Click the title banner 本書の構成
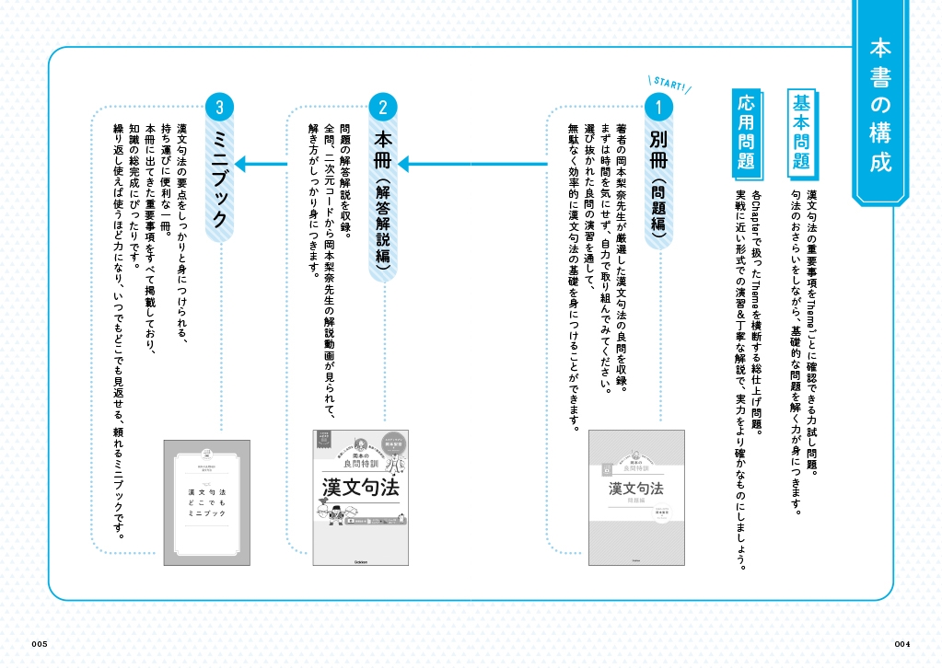pos(879,104)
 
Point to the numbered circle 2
pos(382,108)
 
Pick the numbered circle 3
pos(218,108)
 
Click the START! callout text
pos(669,86)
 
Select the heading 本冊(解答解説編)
pos(383,203)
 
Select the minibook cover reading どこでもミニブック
pos(207,501)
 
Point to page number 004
pos(901,642)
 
